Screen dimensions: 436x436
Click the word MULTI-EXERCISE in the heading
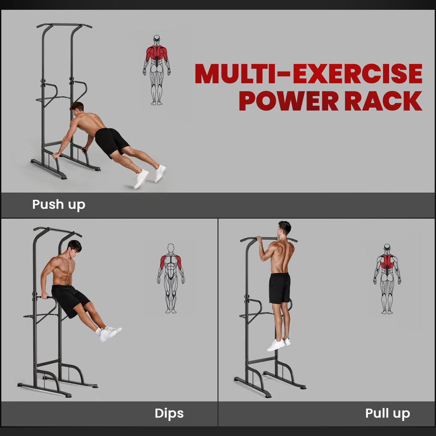[x=308, y=73]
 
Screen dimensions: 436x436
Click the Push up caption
[x=59, y=204]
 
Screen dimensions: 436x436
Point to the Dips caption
[x=169, y=413]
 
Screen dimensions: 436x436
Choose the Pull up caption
[x=387, y=413]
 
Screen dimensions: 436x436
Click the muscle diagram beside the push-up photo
[x=157, y=70]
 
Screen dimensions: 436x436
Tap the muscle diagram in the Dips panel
[x=171, y=278]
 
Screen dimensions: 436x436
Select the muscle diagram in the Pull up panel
[x=387, y=279]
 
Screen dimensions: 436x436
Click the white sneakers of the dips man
[x=109, y=333]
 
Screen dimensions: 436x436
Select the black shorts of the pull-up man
[x=280, y=288]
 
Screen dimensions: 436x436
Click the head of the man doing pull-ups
[x=284, y=228]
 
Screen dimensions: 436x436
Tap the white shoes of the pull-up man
[x=279, y=344]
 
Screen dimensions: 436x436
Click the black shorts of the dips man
[x=70, y=299]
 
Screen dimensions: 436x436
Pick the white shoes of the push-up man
[x=150, y=176]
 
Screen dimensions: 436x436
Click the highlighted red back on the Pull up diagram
[x=387, y=262]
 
